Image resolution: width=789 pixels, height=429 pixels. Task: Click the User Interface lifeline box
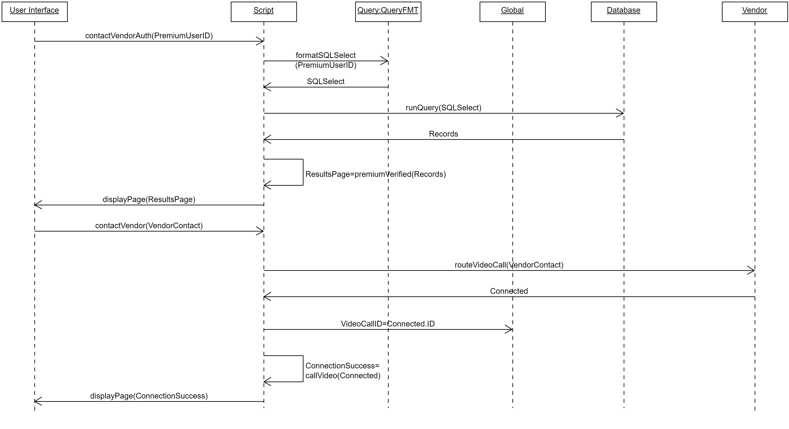[x=35, y=12]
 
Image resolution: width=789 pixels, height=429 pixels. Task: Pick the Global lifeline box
[x=512, y=12]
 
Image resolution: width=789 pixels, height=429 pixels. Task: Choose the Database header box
[x=624, y=12]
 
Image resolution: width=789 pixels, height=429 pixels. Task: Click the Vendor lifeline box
[x=754, y=12]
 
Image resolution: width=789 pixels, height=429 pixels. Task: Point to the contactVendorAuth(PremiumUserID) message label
[x=149, y=36]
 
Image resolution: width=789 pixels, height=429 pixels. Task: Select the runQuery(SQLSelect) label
[x=443, y=108]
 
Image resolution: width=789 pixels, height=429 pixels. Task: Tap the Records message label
[x=443, y=134]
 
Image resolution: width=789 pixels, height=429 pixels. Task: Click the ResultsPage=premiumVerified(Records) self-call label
[x=376, y=174]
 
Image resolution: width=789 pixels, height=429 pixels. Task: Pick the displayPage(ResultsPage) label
[x=149, y=199]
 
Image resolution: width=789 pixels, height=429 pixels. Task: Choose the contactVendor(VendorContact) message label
[x=149, y=225]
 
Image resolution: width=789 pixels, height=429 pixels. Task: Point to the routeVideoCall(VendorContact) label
[x=509, y=265]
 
